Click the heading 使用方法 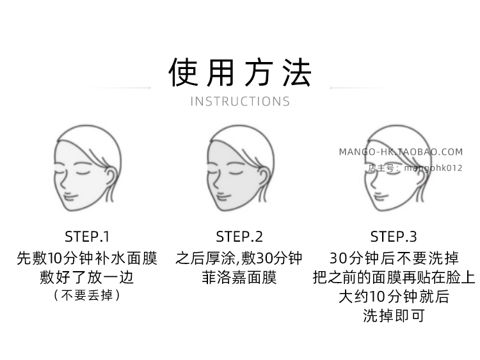240,72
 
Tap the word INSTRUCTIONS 240,101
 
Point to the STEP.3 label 394,237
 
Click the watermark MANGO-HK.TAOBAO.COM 400,152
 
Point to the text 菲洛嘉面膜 239,278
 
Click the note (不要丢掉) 86,295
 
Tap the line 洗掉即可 394,316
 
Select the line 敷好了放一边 86,278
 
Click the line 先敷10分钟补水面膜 86,258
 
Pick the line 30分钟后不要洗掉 394,258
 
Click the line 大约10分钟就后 394,297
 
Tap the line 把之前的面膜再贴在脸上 394,278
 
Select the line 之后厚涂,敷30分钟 239,258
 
